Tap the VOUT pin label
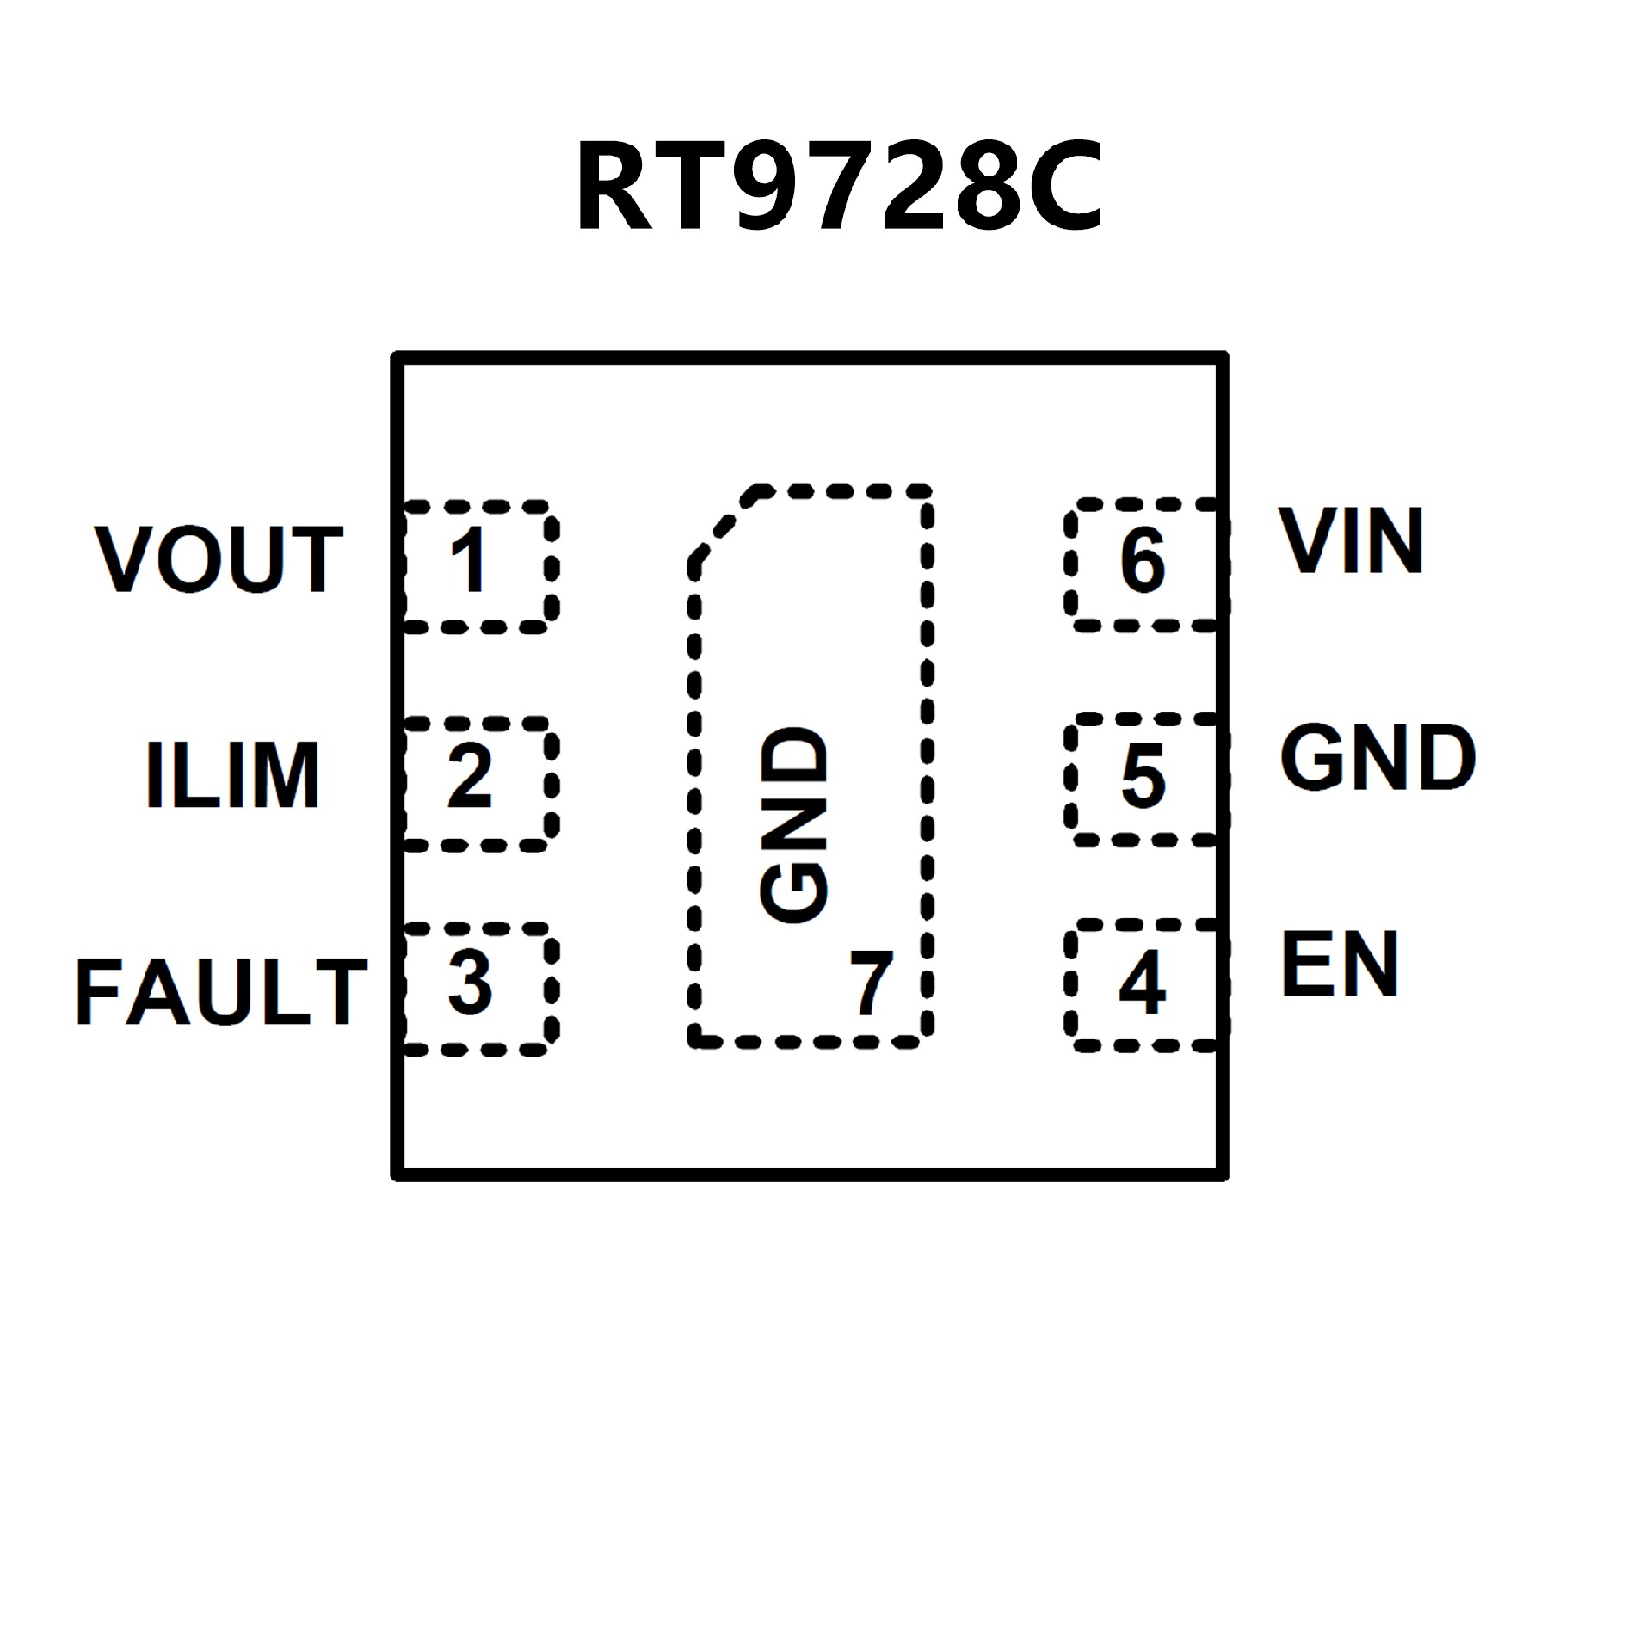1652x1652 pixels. [x=219, y=559]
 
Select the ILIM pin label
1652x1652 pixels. [x=232, y=774]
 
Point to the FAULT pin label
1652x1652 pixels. [x=222, y=991]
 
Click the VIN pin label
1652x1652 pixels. [x=1351, y=540]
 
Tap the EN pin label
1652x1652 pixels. [x=1340, y=965]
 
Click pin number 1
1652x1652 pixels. [x=470, y=561]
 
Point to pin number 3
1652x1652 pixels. [x=470, y=983]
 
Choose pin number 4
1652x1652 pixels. [x=1142, y=983]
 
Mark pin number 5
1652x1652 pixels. [x=1143, y=776]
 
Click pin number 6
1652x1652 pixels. [x=1143, y=561]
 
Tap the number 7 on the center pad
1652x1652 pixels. [x=871, y=983]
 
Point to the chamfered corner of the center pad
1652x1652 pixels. [x=723, y=525]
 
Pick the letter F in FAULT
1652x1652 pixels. [x=96, y=991]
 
